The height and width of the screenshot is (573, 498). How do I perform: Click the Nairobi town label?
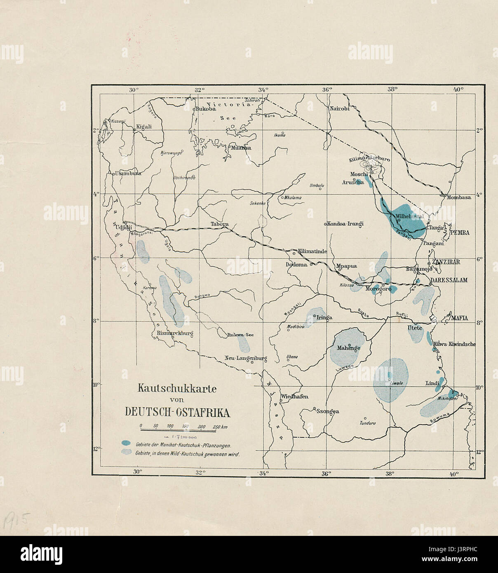(339, 108)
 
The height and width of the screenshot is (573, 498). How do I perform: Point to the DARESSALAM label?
(449, 280)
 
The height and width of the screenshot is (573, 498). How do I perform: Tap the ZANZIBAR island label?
(446, 262)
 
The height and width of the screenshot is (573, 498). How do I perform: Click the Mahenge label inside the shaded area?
(349, 348)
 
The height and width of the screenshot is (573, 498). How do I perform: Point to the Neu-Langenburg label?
(246, 358)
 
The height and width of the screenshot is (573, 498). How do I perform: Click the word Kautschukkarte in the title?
(177, 388)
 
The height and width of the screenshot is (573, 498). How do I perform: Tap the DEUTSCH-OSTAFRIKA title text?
(177, 413)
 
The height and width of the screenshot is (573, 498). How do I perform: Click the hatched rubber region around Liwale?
(390, 379)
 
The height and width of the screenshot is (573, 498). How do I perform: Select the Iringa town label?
(324, 317)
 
